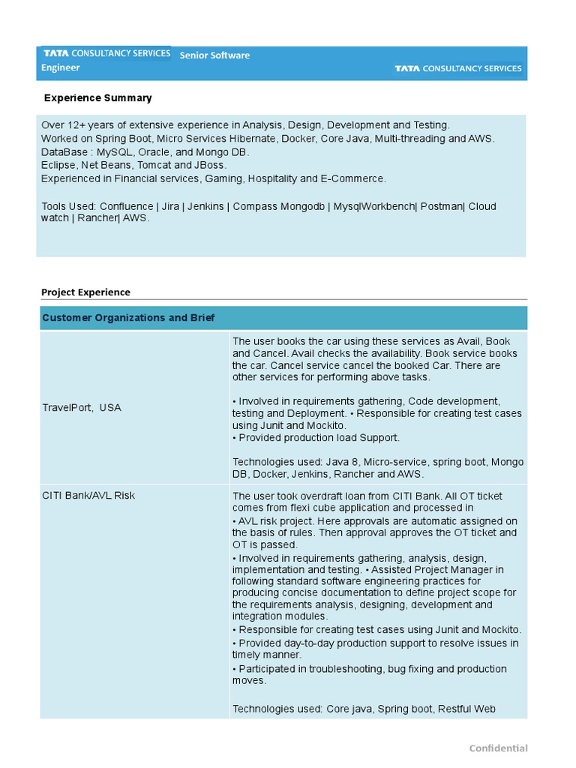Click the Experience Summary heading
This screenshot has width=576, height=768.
[x=97, y=97]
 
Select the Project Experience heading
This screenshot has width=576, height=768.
[x=85, y=292]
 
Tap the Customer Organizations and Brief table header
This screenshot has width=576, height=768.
[x=128, y=318]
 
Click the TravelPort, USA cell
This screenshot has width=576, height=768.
[x=81, y=407]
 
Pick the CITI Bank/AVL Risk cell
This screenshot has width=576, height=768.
[x=88, y=496]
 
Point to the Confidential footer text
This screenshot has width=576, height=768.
[x=498, y=748]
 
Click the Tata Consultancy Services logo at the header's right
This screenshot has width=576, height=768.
[x=458, y=68]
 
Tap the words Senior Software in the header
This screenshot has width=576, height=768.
[x=214, y=55]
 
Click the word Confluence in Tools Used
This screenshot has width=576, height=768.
[x=128, y=206]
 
